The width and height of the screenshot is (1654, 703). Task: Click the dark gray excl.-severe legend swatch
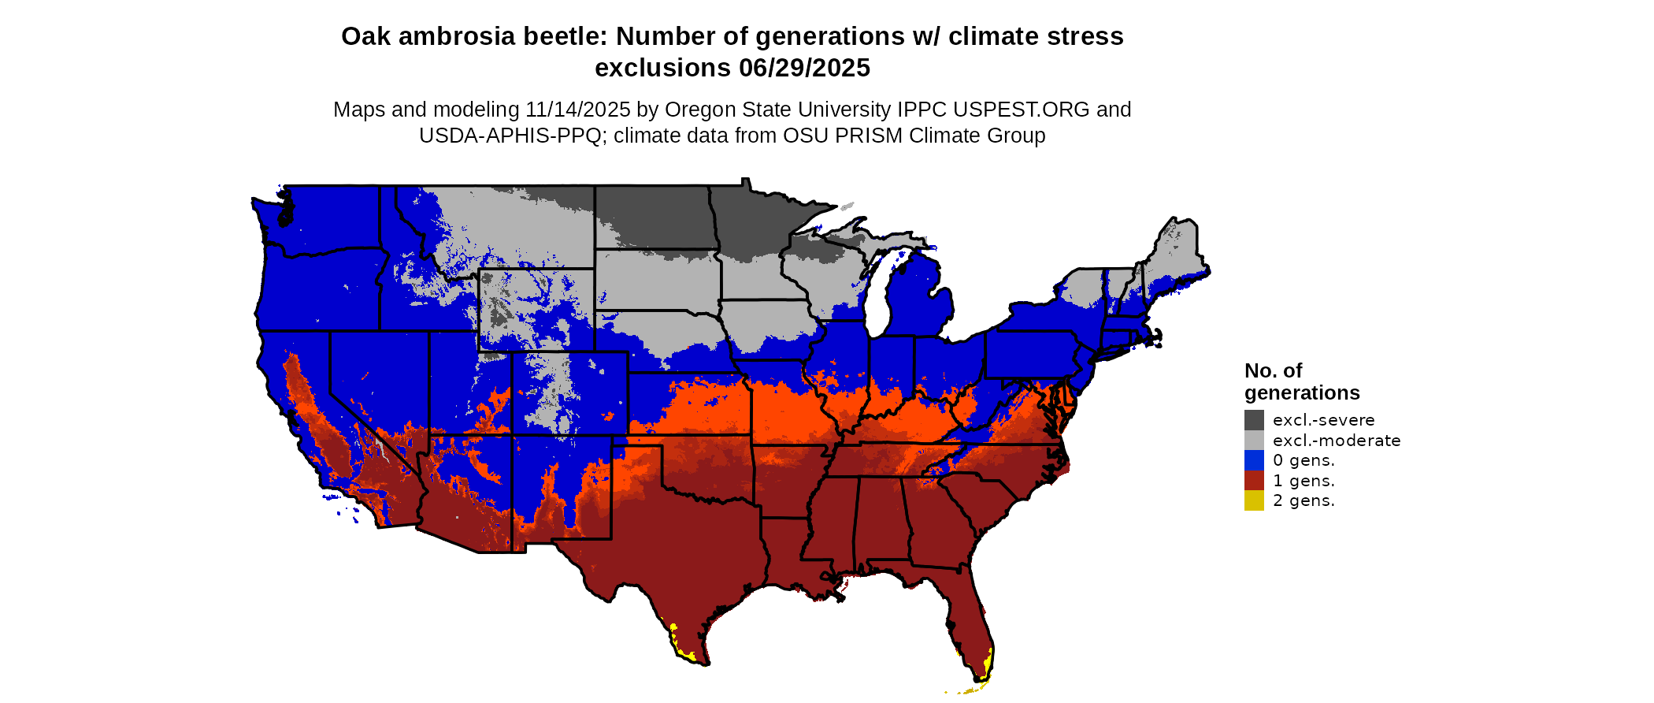tap(1254, 420)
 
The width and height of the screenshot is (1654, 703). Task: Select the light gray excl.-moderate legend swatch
tap(1254, 441)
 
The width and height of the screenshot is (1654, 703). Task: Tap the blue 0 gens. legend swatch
tap(1254, 460)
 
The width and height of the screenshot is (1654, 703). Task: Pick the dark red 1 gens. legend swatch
tap(1254, 481)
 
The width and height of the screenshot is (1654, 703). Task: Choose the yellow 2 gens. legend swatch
tap(1254, 500)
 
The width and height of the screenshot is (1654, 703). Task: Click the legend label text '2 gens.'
tap(1304, 500)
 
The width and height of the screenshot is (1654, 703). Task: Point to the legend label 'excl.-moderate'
tap(1337, 441)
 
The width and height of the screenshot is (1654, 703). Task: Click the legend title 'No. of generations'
tap(1301, 381)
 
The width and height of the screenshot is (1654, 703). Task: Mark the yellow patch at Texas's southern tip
tap(683, 652)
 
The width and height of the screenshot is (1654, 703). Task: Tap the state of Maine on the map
tap(1177, 252)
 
